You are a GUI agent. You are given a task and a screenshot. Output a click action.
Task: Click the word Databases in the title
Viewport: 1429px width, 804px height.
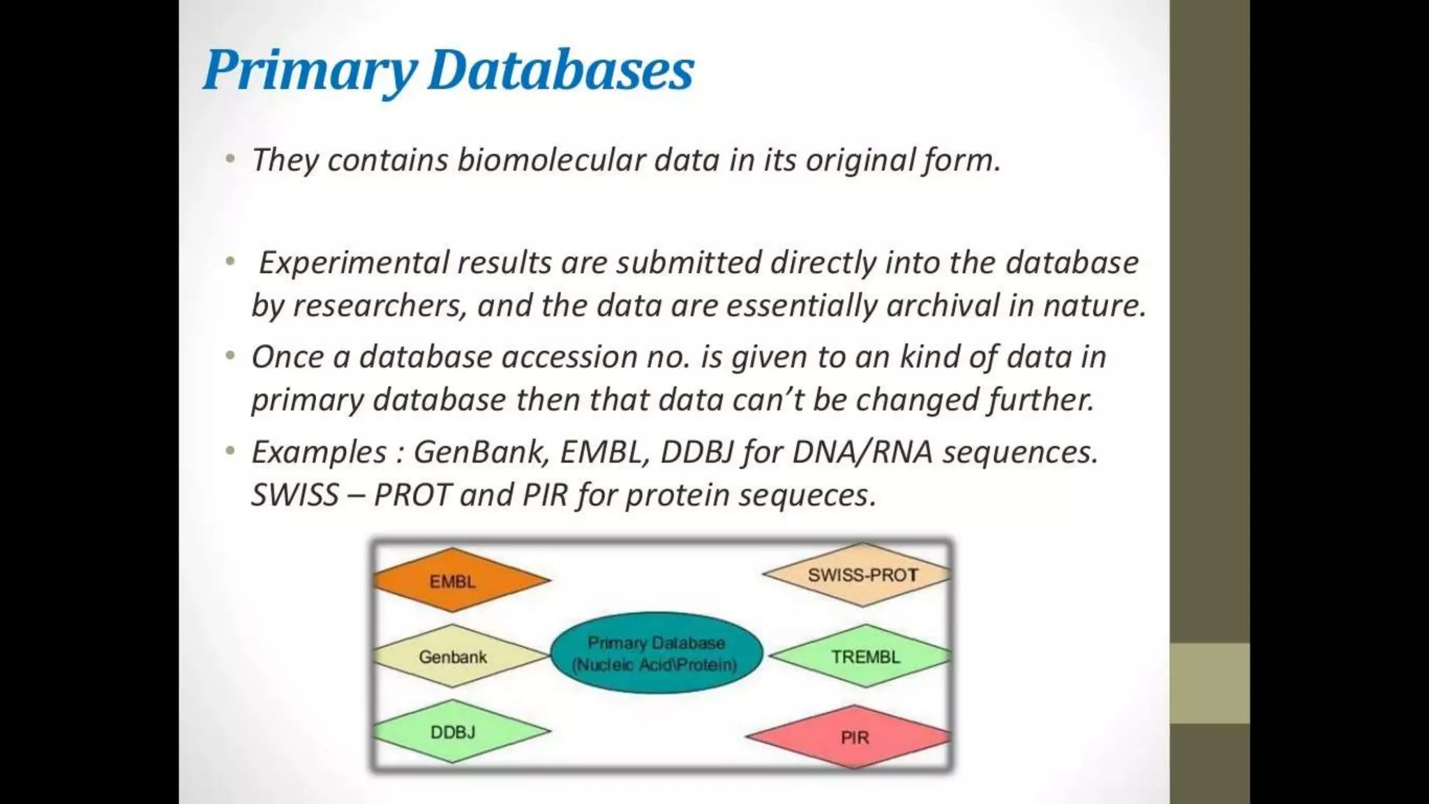coord(560,71)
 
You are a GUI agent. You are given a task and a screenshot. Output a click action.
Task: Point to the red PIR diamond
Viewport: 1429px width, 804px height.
coord(853,738)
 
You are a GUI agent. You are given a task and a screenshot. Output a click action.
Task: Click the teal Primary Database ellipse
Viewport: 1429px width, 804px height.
coord(655,653)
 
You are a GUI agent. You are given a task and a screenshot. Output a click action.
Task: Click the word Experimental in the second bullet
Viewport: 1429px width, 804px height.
coord(354,263)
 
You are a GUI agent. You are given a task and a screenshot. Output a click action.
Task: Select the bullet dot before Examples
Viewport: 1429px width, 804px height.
coord(230,452)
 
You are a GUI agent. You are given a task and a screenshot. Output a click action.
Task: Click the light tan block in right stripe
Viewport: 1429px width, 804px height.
coord(1209,683)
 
